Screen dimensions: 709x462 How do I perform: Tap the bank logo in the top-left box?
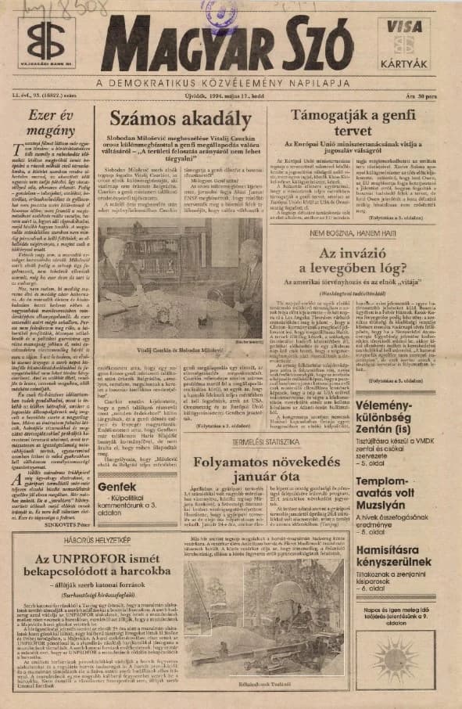pyautogui.click(x=46, y=39)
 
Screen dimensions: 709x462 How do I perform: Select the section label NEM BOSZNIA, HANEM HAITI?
pyautogui.click(x=351, y=233)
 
